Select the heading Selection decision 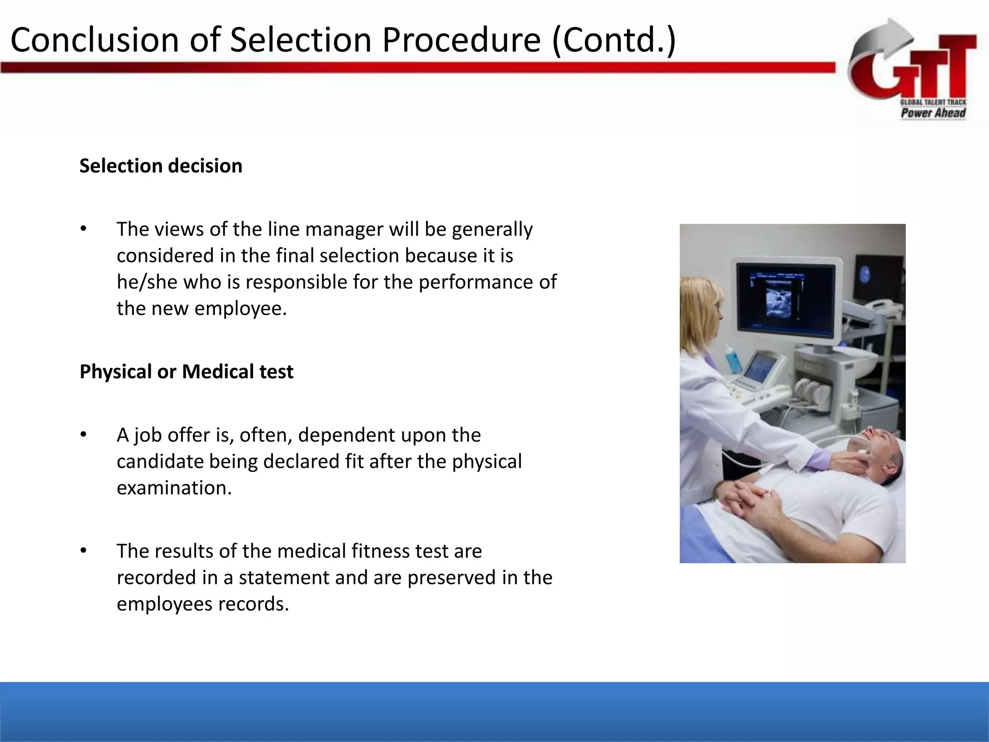tap(161, 166)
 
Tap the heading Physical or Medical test tap(186, 371)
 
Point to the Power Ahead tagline tap(933, 113)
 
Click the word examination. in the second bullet tap(174, 488)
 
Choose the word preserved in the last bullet tap(452, 577)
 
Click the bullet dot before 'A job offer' tap(83, 435)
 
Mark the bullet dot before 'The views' tap(83, 229)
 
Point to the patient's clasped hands tap(749, 500)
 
